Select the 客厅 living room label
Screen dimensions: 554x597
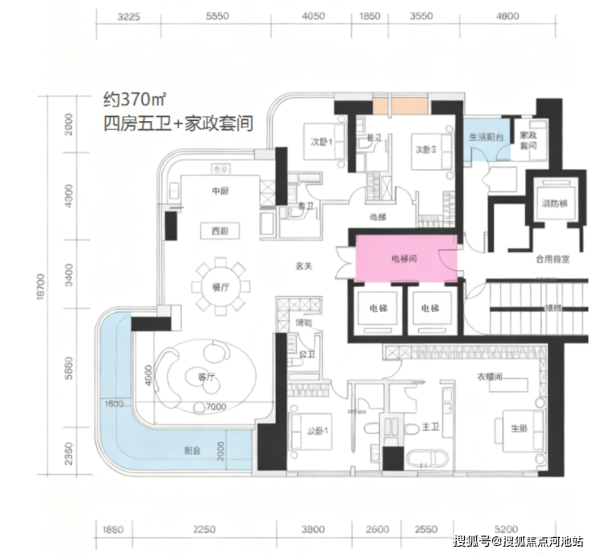pyautogui.click(x=204, y=376)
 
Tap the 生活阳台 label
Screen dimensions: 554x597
pyautogui.click(x=487, y=136)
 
